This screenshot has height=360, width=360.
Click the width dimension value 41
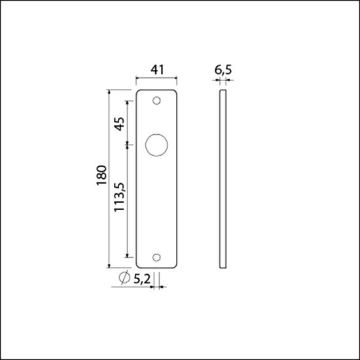coord(156,67)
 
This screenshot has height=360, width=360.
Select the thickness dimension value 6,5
coord(223,67)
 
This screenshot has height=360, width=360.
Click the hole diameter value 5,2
coord(142,279)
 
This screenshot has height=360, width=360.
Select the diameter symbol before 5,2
coord(124,279)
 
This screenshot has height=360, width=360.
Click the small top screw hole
coord(156,101)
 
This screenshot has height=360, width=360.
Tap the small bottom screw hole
coord(156,257)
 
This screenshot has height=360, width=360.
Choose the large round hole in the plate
coord(156,145)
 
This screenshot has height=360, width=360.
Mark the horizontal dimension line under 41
coord(156,80)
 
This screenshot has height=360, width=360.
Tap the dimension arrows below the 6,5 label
coord(223,81)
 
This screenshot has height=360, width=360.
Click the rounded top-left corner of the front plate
coord(138,92)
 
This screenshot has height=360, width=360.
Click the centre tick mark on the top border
coord(180,3)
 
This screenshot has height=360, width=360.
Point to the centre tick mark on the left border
coord(3,180)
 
